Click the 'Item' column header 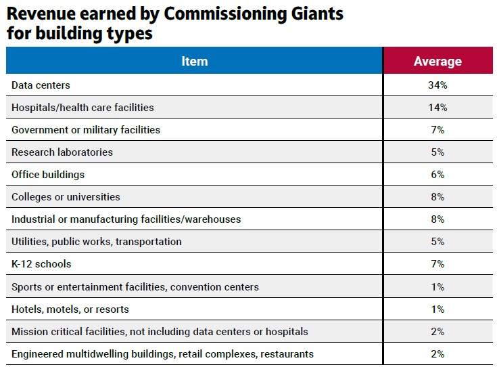click(x=194, y=61)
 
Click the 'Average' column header click(x=437, y=61)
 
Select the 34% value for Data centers click(x=437, y=85)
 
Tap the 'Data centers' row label click(x=41, y=85)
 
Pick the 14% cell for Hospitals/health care click(x=437, y=108)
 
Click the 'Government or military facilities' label click(x=86, y=129)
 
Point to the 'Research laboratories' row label click(x=62, y=152)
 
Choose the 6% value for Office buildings click(x=437, y=175)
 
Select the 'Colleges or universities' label click(x=66, y=197)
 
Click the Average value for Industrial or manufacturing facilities click(x=437, y=219)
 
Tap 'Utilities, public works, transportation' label click(x=97, y=242)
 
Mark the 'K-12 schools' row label click(x=41, y=264)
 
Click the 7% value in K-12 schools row click(x=437, y=264)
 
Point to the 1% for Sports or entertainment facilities click(x=437, y=287)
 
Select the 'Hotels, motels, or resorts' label click(x=70, y=309)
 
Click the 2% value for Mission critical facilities click(x=437, y=332)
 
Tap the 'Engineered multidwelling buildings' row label click(x=162, y=354)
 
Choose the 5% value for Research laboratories click(x=437, y=152)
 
